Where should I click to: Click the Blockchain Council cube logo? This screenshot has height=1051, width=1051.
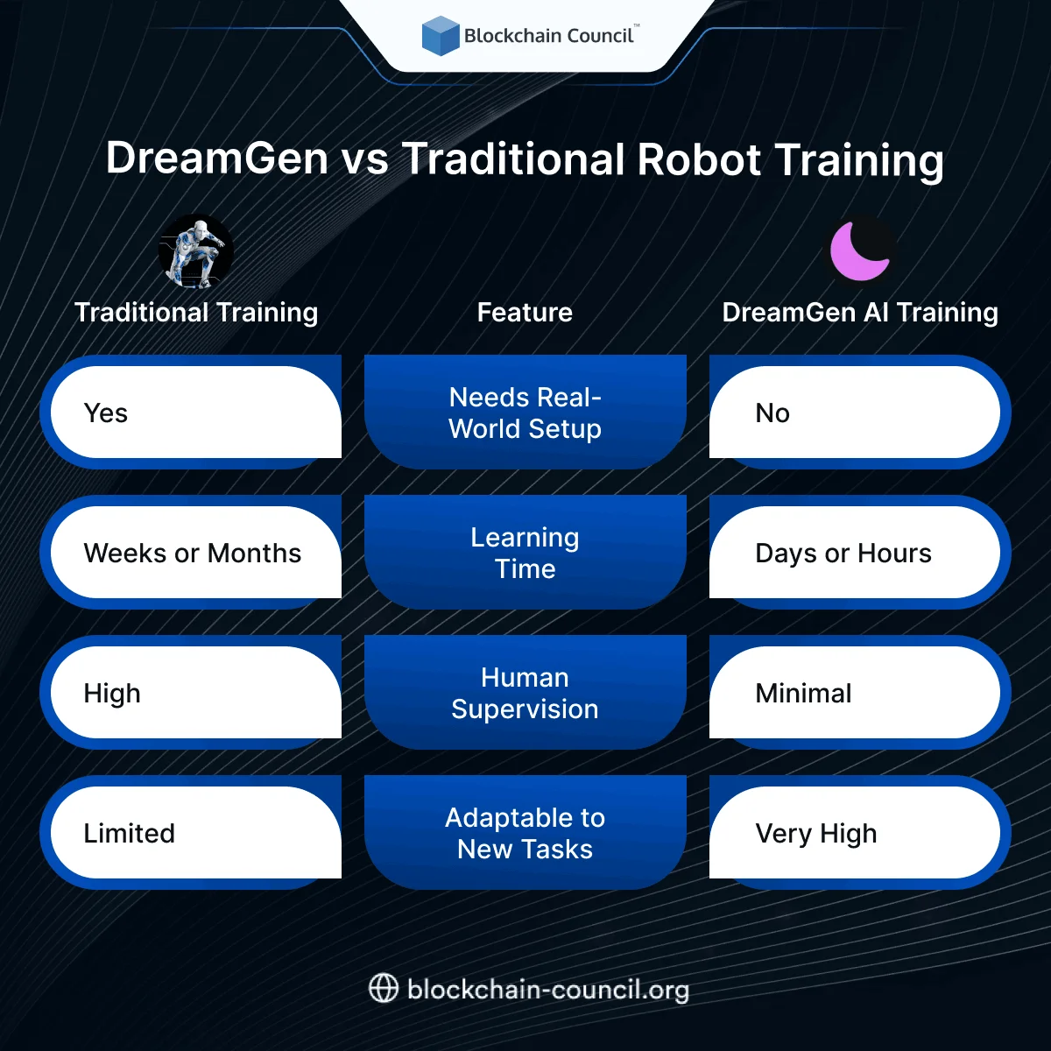pos(441,36)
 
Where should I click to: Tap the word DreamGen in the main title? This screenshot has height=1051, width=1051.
pos(217,159)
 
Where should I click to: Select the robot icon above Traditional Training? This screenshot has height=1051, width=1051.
pos(196,252)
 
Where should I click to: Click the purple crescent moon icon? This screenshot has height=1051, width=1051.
pos(860,251)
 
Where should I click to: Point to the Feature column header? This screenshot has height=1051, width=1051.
pos(525,313)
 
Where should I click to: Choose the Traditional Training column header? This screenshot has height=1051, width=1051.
pos(196,313)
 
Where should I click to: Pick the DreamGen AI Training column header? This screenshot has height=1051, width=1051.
pos(860,313)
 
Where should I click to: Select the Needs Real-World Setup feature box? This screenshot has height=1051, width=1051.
pos(525,413)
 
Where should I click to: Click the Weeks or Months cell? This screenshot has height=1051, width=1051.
pos(193,553)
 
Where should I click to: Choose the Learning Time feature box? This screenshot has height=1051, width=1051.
pos(525,553)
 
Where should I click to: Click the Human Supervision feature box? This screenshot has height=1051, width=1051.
pos(525,693)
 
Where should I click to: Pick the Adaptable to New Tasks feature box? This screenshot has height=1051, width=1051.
pos(525,833)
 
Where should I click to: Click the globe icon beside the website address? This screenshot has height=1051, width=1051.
pos(384,989)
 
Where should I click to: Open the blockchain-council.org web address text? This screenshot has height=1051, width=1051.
pos(548,990)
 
